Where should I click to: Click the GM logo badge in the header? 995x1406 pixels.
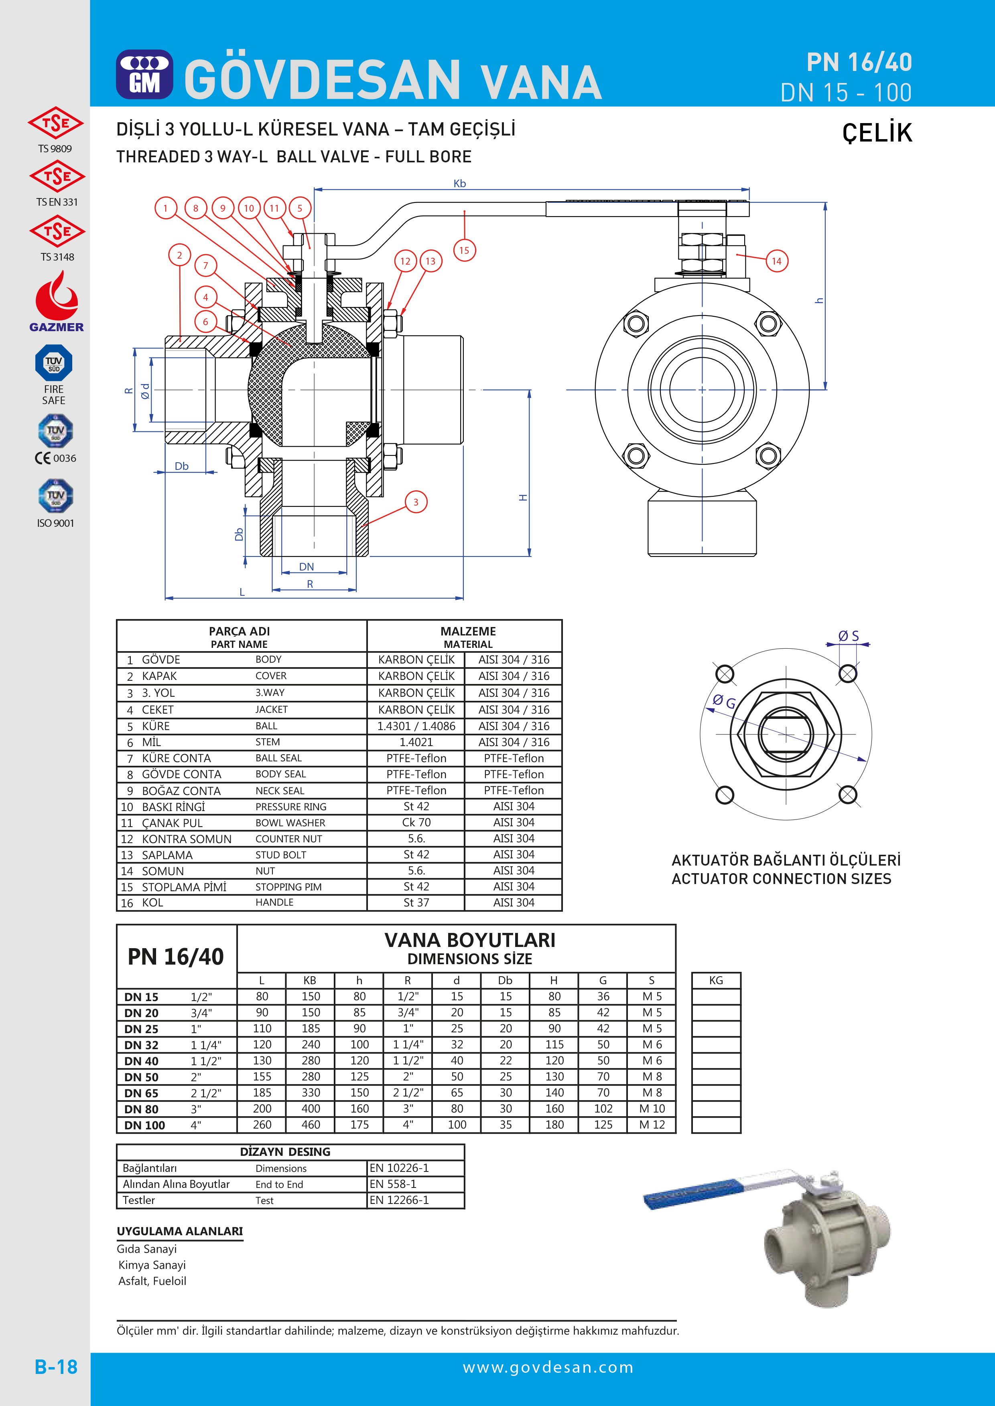point(144,75)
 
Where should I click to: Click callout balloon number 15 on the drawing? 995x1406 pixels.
point(465,250)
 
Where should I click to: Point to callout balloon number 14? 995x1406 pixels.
point(777,261)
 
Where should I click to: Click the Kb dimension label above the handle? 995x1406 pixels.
point(459,184)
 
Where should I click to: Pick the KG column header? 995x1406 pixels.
point(716,980)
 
